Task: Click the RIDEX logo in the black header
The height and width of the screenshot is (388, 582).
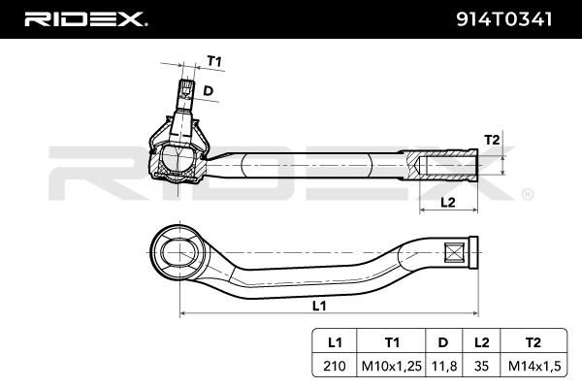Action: (x=85, y=19)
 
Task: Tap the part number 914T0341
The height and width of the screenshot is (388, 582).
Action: (x=503, y=19)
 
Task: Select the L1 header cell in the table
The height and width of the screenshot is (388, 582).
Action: (x=335, y=342)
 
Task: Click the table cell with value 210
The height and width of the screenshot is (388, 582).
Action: (x=335, y=366)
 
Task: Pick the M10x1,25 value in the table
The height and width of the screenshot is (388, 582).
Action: (x=392, y=366)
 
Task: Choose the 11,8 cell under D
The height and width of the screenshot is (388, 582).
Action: (x=444, y=366)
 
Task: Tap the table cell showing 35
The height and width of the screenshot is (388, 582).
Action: (x=481, y=366)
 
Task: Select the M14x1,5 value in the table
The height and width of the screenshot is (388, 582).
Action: (x=533, y=366)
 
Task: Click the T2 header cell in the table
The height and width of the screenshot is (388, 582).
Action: (x=533, y=342)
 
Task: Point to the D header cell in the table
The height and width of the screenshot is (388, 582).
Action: (x=444, y=342)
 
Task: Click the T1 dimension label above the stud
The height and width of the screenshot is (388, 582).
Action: (x=214, y=60)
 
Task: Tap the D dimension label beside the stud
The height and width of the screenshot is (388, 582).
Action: (x=209, y=90)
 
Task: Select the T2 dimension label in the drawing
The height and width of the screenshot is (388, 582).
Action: (x=492, y=140)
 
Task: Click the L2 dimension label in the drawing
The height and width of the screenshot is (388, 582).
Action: (x=448, y=203)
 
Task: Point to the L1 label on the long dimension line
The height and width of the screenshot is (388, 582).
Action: (x=319, y=306)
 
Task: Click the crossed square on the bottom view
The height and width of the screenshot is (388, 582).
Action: (x=454, y=253)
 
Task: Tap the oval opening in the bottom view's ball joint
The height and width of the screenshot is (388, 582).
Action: (x=179, y=252)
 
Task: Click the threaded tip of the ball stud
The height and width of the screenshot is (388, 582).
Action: (x=186, y=88)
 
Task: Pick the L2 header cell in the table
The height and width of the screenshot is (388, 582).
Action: (x=481, y=342)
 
